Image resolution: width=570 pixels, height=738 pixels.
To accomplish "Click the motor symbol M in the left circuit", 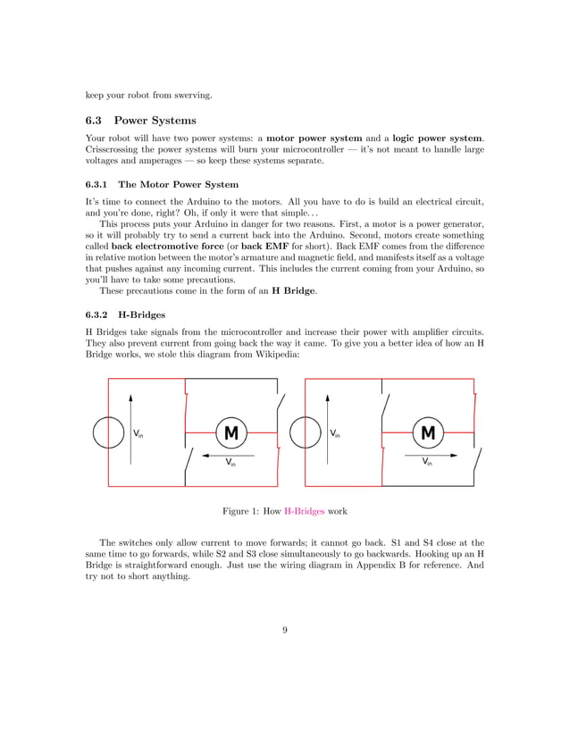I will point(231,433).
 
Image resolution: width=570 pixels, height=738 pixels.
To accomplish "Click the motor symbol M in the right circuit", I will point(428,433).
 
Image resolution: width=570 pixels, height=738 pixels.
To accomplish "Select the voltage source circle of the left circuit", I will point(109,433).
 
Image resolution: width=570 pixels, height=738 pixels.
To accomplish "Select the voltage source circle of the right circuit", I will point(306,433).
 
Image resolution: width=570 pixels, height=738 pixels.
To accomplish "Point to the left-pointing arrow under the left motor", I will point(231,454).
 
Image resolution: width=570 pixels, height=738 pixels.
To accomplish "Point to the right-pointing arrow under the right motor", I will point(428,454).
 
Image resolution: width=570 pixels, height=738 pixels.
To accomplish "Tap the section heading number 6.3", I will point(95,121).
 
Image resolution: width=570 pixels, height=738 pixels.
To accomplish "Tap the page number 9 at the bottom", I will point(284,632).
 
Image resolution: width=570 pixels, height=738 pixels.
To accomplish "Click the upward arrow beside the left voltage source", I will point(130,429).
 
